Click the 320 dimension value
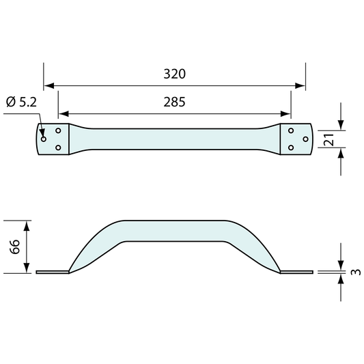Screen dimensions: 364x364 175,74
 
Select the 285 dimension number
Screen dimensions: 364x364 175,102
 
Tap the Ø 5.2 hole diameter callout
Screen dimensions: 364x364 22,102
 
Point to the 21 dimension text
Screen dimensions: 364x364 328,139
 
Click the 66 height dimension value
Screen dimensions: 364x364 15,247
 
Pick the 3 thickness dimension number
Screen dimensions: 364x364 356,272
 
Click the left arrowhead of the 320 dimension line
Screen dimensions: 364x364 49,85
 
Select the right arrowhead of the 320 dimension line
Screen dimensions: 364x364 300,85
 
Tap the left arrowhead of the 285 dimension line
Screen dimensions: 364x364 64,114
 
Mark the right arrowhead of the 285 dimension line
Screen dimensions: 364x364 285,114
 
